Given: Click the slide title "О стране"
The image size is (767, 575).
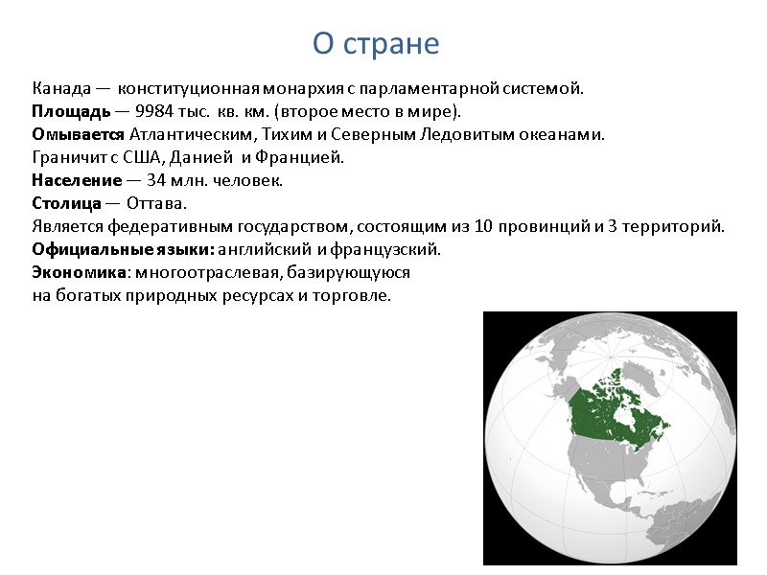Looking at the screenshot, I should pyautogui.click(x=375, y=44).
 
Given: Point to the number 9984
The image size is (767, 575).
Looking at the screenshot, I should pyautogui.click(x=154, y=111).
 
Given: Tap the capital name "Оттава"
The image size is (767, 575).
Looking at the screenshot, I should pyautogui.click(x=157, y=204).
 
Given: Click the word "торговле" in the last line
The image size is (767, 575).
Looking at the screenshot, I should pyautogui.click(x=359, y=295).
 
